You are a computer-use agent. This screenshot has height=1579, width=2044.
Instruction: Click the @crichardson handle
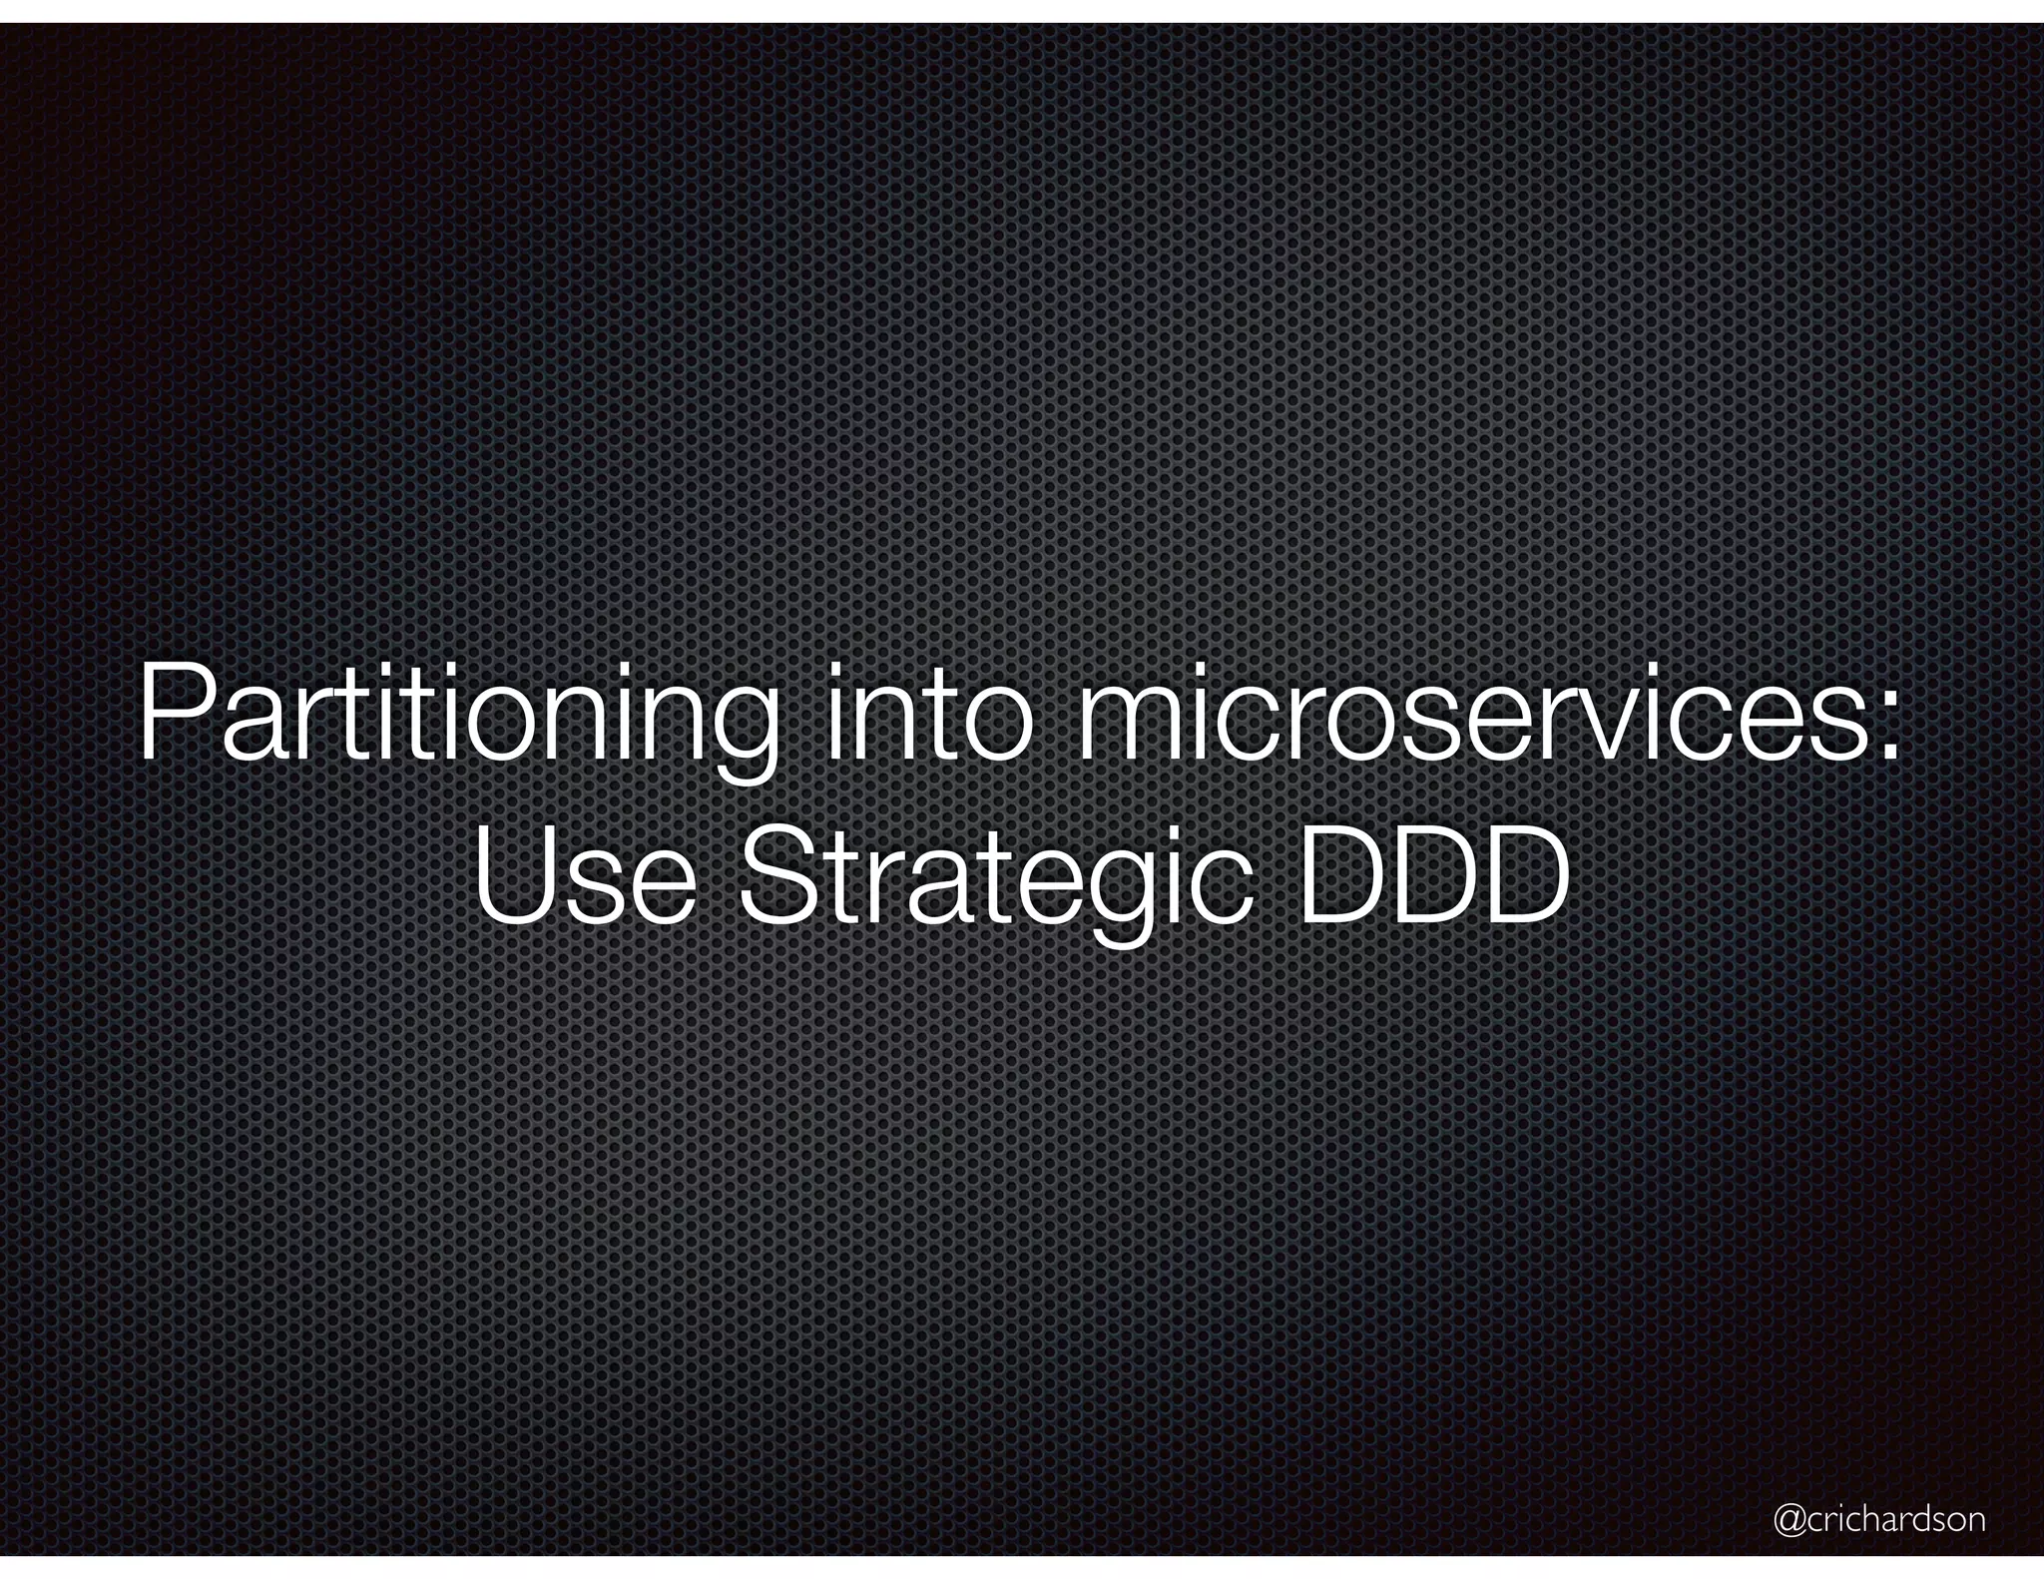tap(1878, 1521)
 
